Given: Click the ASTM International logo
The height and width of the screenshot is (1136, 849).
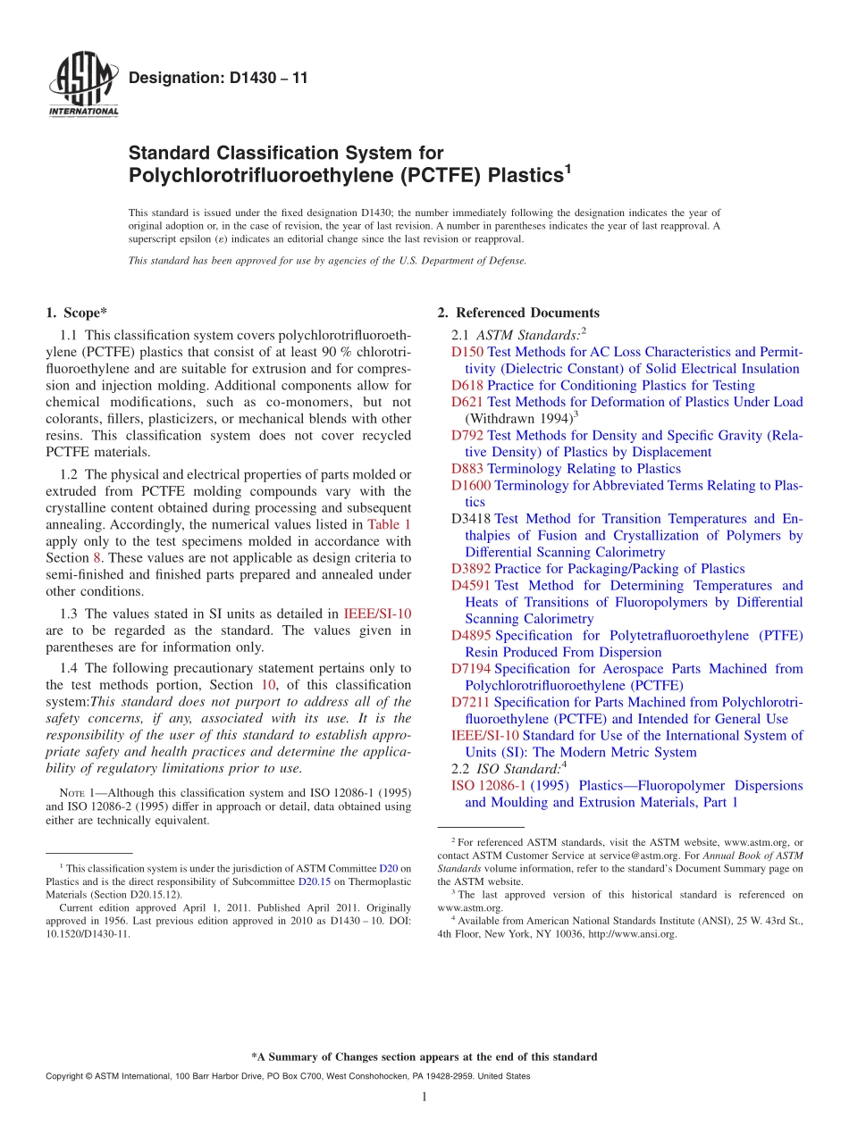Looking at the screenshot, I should [82, 85].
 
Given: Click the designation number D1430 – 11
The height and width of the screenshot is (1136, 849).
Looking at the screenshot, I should [218, 79].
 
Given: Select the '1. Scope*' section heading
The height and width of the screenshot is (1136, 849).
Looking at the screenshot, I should [76, 313].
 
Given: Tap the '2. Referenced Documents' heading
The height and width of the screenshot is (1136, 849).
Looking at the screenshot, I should [518, 313].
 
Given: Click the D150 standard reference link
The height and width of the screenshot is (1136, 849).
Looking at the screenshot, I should [467, 352].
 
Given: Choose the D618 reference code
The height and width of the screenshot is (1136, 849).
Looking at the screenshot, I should [467, 385].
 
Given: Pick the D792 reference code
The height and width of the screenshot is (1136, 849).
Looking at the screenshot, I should [467, 435].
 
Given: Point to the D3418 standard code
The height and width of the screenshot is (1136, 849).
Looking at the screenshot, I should [471, 519].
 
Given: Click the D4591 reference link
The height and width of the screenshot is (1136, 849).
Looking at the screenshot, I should [471, 586].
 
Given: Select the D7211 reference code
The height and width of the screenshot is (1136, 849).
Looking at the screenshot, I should [471, 702].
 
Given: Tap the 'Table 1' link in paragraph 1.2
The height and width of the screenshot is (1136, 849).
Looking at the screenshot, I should [390, 524].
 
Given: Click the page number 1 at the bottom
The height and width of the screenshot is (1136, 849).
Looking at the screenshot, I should [424, 1097].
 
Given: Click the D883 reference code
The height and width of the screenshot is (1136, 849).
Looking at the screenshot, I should [467, 469].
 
